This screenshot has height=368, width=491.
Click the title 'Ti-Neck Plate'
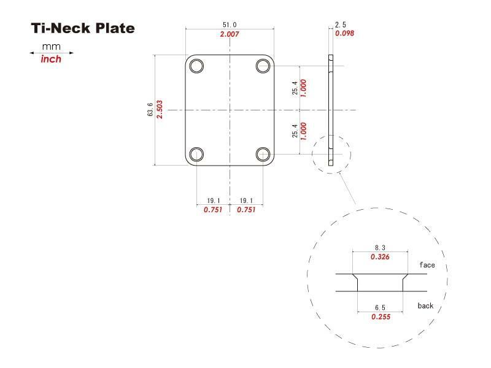(83, 28)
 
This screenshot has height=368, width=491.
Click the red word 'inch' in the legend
(51, 59)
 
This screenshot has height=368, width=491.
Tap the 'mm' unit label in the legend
(52, 47)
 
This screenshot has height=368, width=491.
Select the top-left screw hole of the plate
(196, 66)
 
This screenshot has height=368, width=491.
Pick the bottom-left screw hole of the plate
(196, 154)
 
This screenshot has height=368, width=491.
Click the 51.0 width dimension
(230, 25)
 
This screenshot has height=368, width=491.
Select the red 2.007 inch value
(230, 34)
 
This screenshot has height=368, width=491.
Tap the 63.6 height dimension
(150, 110)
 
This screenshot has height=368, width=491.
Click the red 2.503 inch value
(160, 110)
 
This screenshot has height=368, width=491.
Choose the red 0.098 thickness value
(344, 33)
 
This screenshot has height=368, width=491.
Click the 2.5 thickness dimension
(341, 25)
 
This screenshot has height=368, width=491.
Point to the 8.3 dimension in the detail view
(381, 247)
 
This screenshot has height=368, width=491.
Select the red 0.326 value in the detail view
(381, 257)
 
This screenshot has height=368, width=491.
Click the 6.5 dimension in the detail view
(381, 307)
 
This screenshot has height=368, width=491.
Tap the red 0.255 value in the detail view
(381, 316)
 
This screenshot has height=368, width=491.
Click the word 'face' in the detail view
(427, 265)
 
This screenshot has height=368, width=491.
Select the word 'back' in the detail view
(426, 305)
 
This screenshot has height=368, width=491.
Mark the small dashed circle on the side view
(331, 154)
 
